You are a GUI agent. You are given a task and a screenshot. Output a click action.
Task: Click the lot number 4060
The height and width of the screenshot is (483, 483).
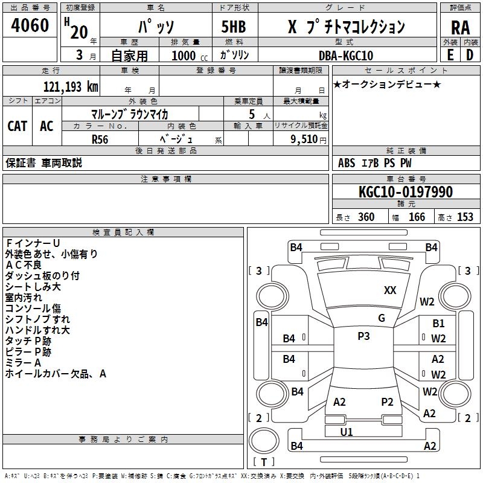pos(30,25)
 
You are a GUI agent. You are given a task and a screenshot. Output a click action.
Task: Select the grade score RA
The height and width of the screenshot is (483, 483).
pos(460,28)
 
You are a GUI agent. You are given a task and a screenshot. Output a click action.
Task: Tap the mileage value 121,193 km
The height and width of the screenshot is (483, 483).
pos(71,87)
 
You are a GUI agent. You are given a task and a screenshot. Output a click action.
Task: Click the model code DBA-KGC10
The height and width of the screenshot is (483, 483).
pos(346,56)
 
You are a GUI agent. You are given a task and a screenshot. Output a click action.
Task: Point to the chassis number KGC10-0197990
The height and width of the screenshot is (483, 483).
pos(405,193)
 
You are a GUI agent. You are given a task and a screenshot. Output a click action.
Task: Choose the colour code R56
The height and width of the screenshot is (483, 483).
pos(100,139)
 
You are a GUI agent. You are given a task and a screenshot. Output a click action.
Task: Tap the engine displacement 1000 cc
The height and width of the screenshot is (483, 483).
pos(184,56)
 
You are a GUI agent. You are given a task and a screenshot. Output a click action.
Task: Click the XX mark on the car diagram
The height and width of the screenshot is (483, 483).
pos(390,290)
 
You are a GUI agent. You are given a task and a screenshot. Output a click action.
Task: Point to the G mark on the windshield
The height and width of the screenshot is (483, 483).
pos(382,318)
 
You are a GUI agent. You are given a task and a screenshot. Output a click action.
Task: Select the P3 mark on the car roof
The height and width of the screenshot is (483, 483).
pos(363,336)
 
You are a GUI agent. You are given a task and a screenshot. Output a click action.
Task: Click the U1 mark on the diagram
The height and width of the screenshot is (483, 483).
pos(347,432)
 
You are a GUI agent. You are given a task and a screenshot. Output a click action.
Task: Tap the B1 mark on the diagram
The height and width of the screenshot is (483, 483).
pos(438,324)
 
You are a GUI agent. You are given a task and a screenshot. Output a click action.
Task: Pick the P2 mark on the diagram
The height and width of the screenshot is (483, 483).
pos(387,401)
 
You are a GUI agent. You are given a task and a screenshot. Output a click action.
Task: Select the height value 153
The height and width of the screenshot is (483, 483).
pos(465,217)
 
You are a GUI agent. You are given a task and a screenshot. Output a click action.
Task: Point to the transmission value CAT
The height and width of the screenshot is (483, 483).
pos(17,126)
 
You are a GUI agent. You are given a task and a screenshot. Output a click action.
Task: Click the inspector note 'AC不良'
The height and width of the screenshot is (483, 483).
pos(24,265)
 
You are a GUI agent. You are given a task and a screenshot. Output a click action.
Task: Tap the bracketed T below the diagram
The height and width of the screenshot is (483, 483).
pos(263,462)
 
